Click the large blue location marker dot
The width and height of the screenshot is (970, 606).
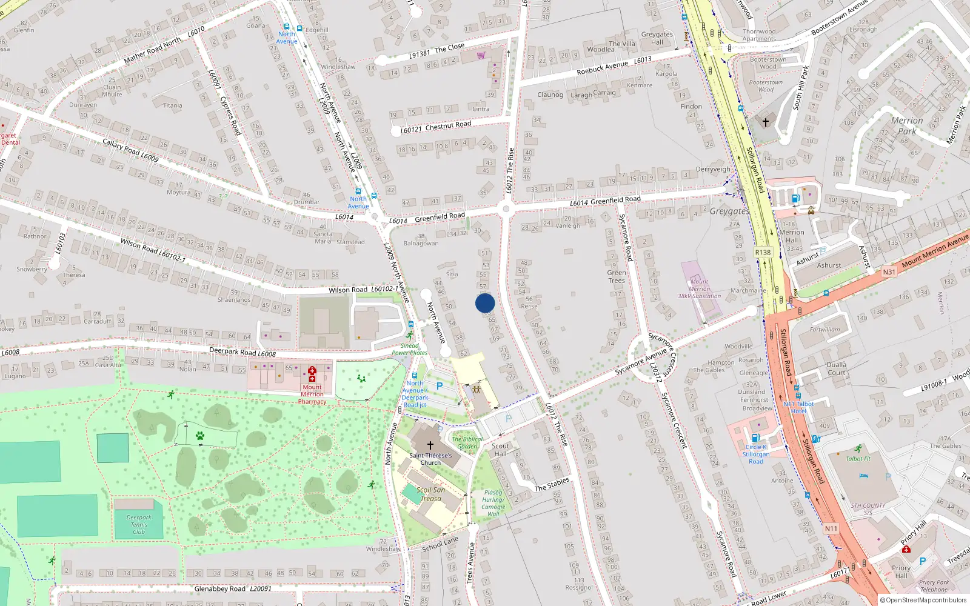(x=485, y=303)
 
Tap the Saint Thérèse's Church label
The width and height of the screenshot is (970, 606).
(x=430, y=459)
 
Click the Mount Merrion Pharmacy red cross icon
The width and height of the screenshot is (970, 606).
(x=312, y=374)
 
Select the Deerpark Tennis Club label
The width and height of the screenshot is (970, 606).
(x=139, y=525)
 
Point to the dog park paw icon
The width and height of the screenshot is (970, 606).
(x=200, y=435)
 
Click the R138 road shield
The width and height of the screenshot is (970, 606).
(x=763, y=253)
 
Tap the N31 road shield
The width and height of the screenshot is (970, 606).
(x=889, y=271)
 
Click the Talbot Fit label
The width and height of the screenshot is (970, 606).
(x=858, y=459)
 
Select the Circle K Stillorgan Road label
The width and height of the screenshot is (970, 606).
(x=756, y=454)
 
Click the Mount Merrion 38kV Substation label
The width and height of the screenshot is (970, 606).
(x=699, y=288)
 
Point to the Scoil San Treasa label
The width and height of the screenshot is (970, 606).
(x=431, y=494)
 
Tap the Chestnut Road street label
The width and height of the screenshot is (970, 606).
(x=448, y=125)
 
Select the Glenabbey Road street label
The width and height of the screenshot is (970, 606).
(x=219, y=588)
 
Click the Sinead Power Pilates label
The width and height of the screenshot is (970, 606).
(x=409, y=349)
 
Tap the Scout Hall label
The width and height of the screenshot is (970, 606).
(x=500, y=450)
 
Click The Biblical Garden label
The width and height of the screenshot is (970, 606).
(x=467, y=442)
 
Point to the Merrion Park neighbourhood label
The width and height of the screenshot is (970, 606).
(x=907, y=125)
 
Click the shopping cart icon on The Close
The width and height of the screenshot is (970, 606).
(x=481, y=55)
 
